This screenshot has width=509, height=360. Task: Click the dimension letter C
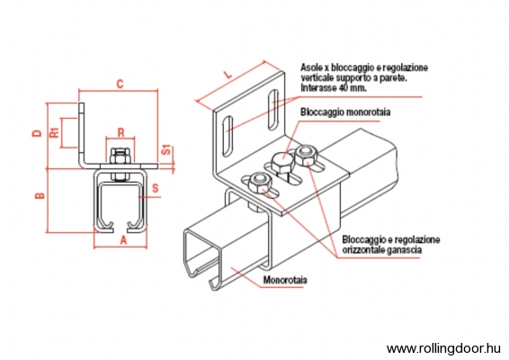(121, 84)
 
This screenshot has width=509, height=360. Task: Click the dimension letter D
(38, 133)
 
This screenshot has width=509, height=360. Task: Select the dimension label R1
(55, 132)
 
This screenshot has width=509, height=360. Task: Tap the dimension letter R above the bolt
(121, 132)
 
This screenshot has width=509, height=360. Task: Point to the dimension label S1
(166, 149)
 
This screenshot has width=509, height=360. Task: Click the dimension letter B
(40, 195)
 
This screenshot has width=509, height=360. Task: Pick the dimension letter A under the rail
(123, 240)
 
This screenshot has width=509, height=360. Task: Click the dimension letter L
(228, 74)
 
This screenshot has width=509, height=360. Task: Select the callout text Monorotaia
(285, 280)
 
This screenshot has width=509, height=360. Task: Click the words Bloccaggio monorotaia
(345, 112)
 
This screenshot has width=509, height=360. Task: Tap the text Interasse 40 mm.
(334, 87)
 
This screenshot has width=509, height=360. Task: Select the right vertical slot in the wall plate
(273, 109)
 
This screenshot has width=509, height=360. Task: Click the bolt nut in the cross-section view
(121, 155)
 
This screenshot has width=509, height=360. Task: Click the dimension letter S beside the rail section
(156, 188)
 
